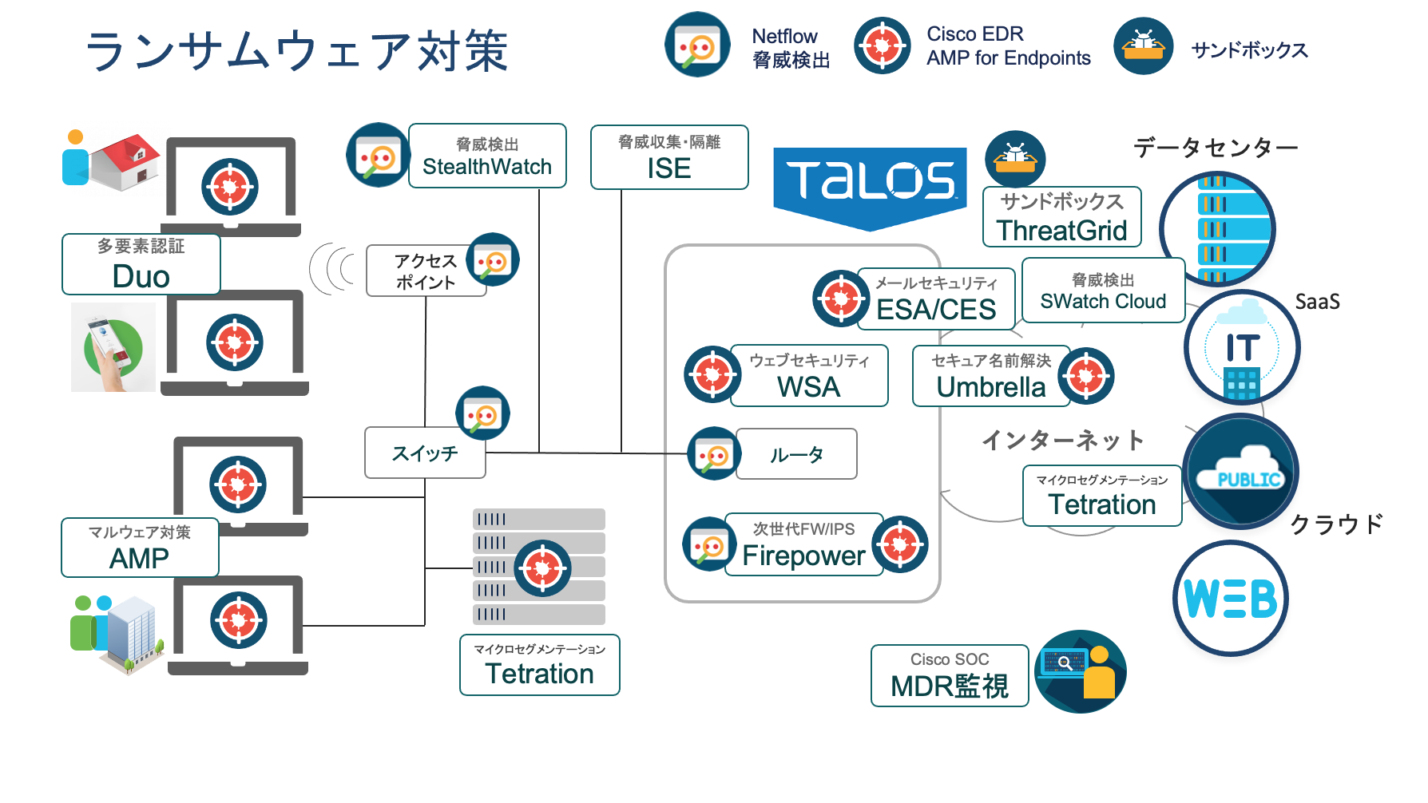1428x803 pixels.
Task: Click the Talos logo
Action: pos(870,182)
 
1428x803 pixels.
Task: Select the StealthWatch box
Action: pos(487,156)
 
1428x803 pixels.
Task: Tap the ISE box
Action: pos(669,157)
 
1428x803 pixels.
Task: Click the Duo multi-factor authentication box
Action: pos(141,264)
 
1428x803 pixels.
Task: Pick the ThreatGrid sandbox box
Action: pos(1061,217)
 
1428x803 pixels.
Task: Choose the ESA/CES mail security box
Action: pos(936,299)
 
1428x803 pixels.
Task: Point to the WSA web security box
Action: pos(809,376)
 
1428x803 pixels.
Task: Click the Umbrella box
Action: pos(990,376)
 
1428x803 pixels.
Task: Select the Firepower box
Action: pos(803,544)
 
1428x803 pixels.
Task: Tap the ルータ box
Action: pos(796,454)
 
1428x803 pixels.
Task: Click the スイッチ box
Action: pos(425,453)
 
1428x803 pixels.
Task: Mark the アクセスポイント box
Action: pos(426,271)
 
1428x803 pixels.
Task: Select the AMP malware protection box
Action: pos(140,548)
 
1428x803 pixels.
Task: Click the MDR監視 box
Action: pos(950,676)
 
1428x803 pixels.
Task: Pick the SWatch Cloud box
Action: pos(1103,291)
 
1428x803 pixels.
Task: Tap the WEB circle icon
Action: pos(1231,599)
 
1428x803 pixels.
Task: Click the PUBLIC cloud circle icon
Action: pos(1241,473)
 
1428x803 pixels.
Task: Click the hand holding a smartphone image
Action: pos(113,348)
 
